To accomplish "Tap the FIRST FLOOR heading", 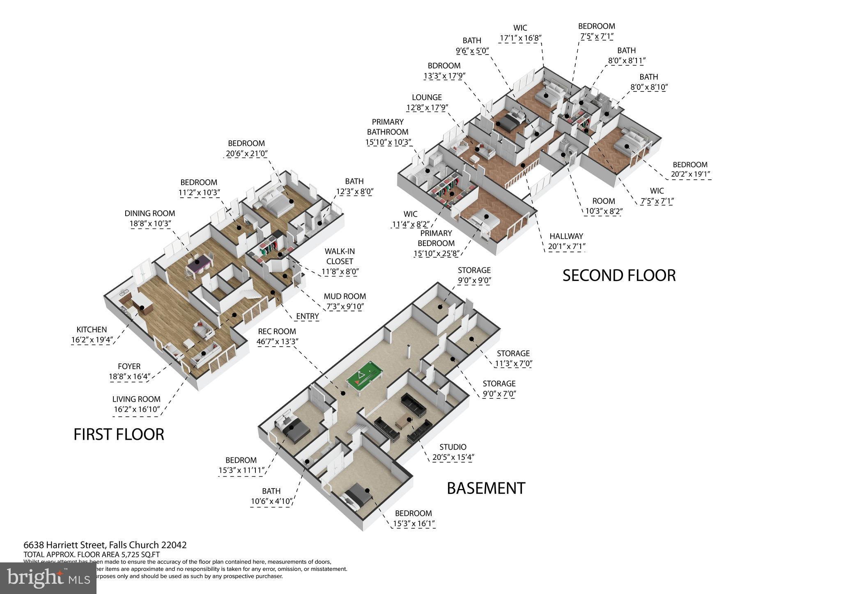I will [x=119, y=434].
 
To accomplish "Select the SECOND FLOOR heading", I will [x=618, y=275].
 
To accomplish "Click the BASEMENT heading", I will [x=486, y=488].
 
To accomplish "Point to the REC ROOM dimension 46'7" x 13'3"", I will [x=277, y=342].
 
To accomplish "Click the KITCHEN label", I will [x=92, y=329].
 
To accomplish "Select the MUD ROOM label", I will [x=345, y=296].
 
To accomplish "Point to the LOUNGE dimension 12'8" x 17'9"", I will [x=427, y=108].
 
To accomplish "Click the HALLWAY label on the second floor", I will [x=566, y=236].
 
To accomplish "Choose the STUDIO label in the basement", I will [x=453, y=447].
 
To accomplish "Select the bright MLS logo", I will [x=48, y=578].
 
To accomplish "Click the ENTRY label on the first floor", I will [x=307, y=316].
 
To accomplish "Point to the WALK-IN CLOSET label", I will [x=340, y=256].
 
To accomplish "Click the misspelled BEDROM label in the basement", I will [x=241, y=460].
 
